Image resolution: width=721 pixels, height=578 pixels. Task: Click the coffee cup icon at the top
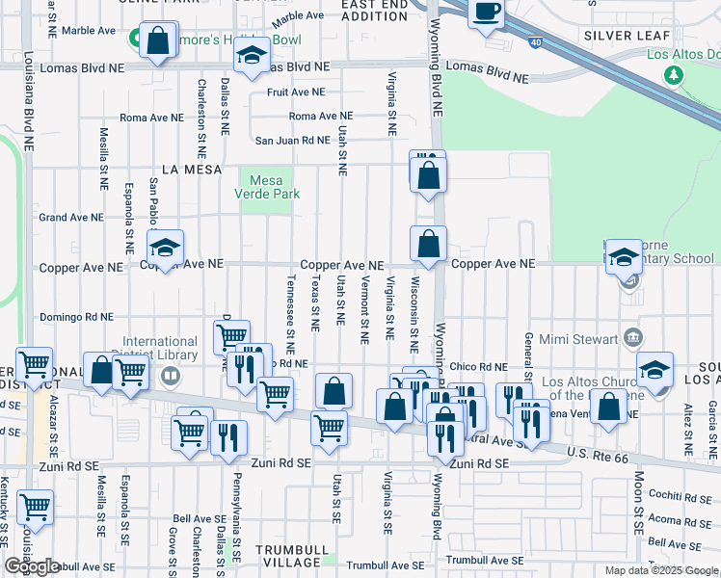(488, 13)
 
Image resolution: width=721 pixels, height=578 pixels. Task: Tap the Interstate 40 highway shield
(533, 41)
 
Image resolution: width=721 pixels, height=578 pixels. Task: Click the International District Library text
(159, 348)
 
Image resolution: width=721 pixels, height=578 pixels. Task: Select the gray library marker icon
(171, 375)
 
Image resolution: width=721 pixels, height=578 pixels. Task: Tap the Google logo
(32, 566)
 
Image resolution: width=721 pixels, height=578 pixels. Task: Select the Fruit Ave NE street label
(297, 92)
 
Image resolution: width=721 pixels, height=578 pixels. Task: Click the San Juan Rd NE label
(292, 140)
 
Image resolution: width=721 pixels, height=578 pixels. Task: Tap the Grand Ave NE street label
(70, 218)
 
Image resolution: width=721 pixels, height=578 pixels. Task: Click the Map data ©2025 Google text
(660, 569)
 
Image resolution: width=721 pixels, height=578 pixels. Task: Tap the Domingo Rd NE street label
(76, 317)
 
